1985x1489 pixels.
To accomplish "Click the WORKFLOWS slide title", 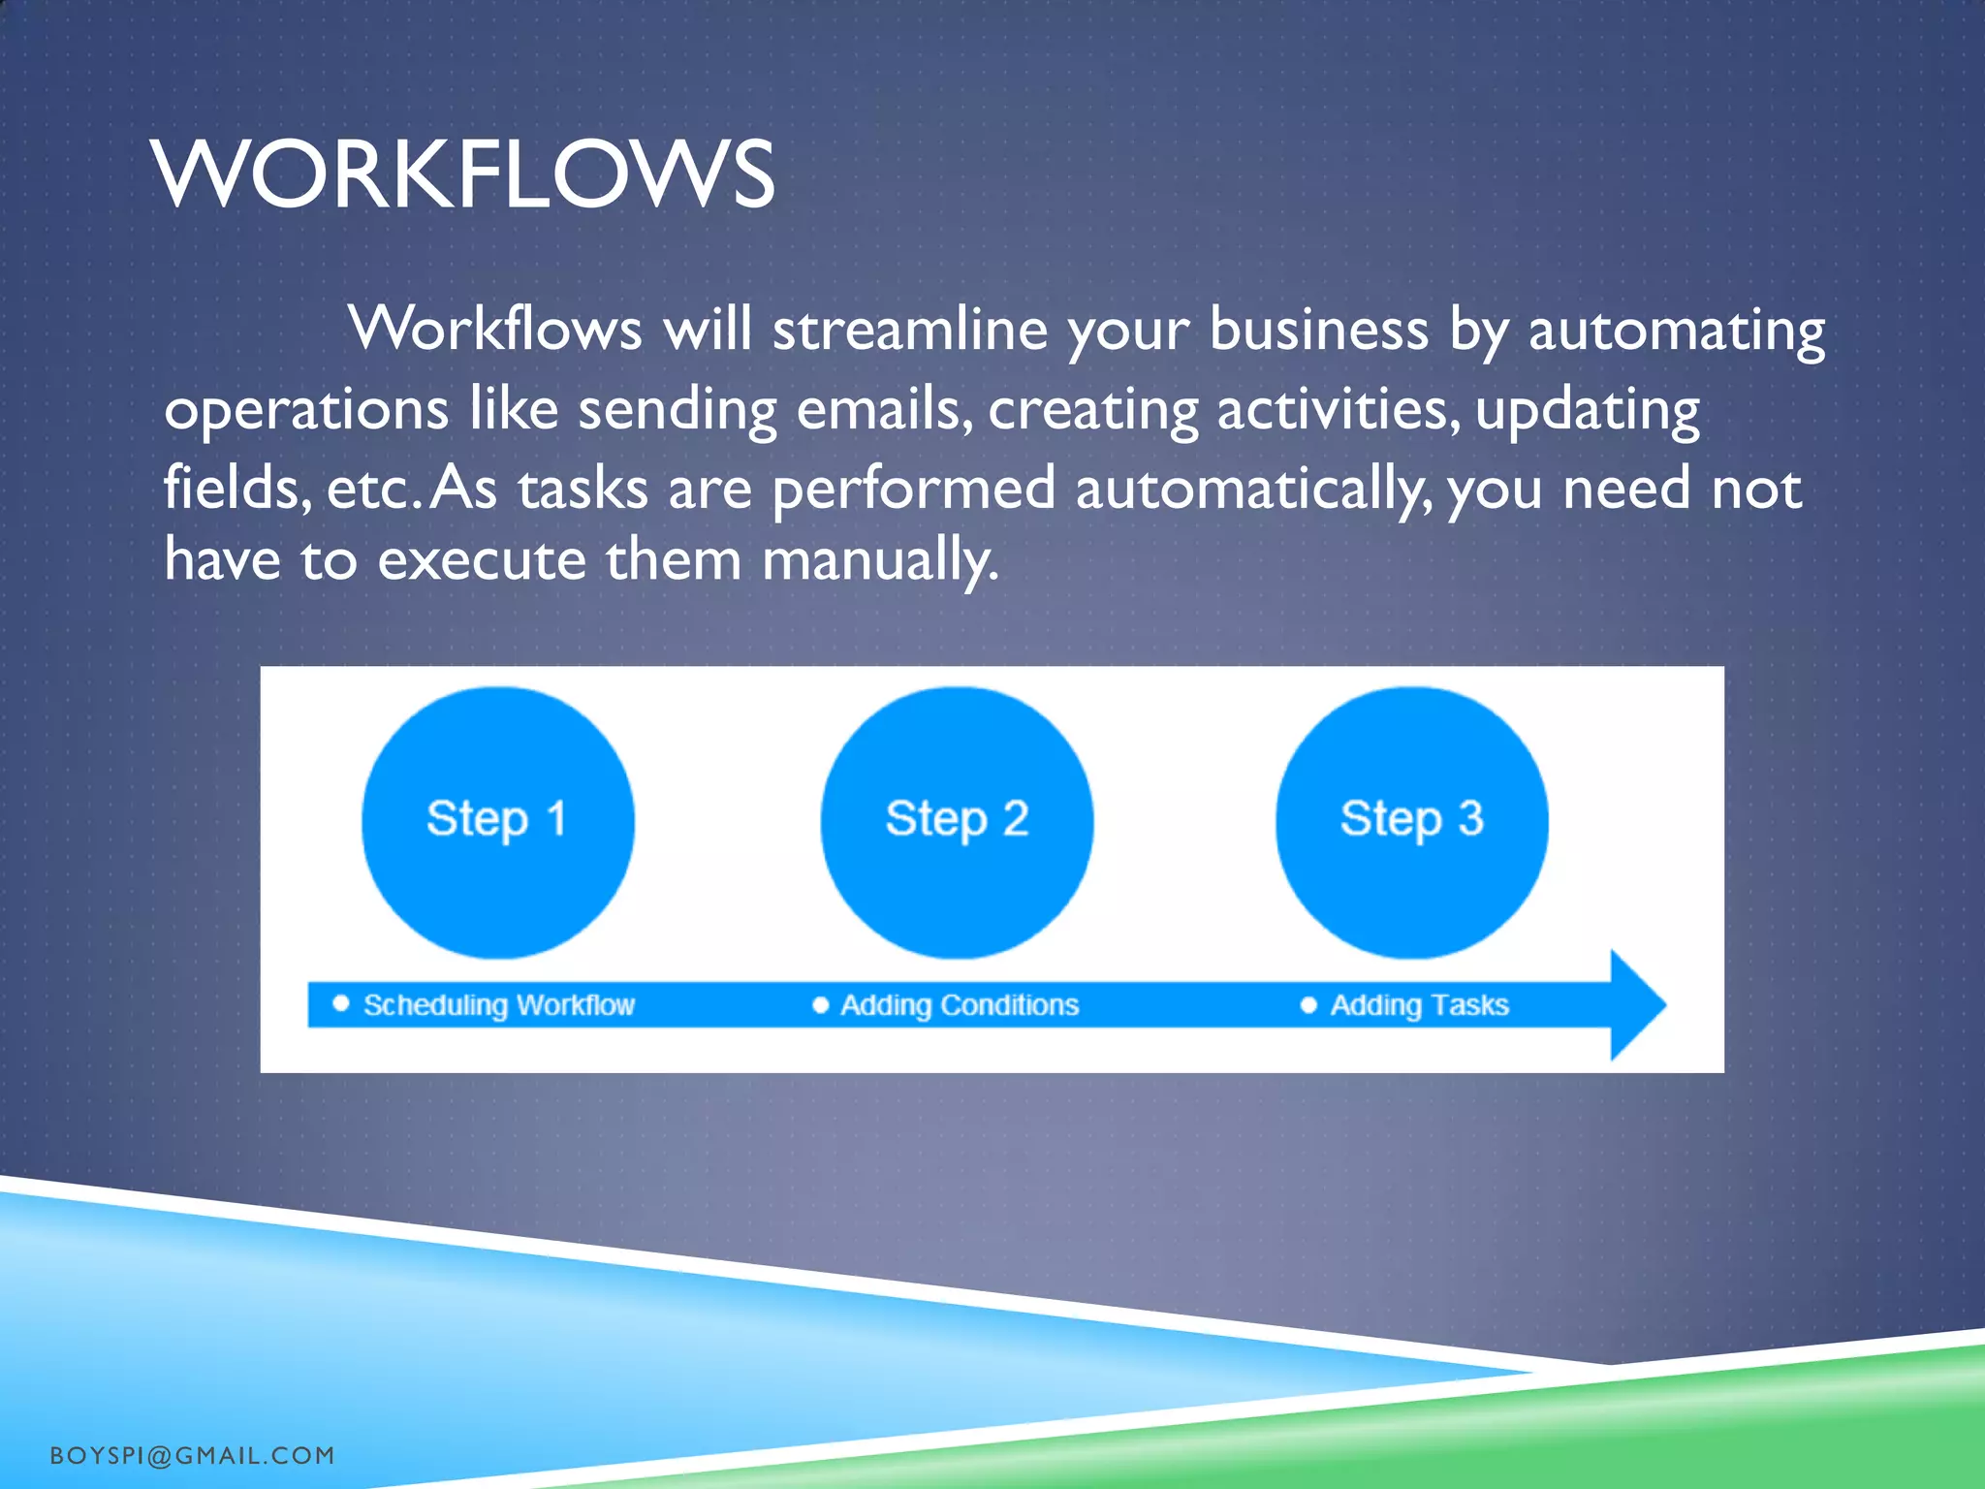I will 462,174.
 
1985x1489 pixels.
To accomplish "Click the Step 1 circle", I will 497,822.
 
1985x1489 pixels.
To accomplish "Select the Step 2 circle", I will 957,822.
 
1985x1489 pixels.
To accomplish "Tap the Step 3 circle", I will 1411,822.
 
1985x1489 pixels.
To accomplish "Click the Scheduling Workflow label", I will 498,1005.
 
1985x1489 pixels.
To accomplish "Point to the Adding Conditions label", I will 959,1005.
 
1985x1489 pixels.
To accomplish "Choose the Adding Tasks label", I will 1419,1005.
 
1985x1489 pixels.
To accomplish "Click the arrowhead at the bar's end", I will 1636,1005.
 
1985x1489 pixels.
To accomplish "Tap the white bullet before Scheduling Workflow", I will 340,1003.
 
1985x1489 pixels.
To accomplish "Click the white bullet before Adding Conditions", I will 820,1005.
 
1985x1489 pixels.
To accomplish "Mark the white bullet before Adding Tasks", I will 1308,1005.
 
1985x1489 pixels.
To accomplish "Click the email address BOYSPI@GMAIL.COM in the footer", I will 192,1456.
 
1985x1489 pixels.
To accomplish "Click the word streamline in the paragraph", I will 909,330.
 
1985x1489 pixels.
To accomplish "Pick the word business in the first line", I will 1318,330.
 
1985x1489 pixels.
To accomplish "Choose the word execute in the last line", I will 482,560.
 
